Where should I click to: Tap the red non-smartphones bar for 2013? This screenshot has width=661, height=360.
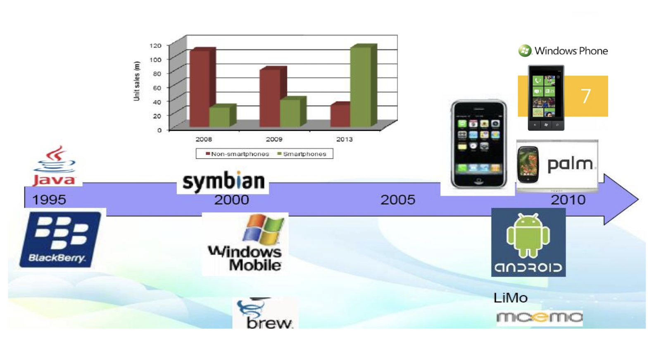(340, 115)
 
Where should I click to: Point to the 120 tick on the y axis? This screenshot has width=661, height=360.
(155, 46)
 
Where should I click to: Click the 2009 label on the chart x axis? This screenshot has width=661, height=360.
(274, 139)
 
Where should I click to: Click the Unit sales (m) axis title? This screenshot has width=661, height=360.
(136, 81)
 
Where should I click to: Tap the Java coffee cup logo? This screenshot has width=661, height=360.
(55, 159)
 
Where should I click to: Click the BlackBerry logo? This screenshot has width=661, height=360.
(60, 239)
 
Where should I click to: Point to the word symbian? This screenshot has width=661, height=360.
(224, 181)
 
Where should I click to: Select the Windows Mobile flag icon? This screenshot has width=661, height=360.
(263, 230)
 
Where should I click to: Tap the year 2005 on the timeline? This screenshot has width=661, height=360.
(398, 200)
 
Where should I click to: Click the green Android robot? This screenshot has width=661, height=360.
(528, 235)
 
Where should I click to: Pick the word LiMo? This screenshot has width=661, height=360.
(511, 298)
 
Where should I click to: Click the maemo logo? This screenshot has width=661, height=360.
(540, 317)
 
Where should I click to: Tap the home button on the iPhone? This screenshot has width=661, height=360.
(479, 180)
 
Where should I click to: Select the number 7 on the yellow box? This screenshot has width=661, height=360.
(586, 96)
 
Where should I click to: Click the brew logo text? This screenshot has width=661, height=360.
(269, 323)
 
